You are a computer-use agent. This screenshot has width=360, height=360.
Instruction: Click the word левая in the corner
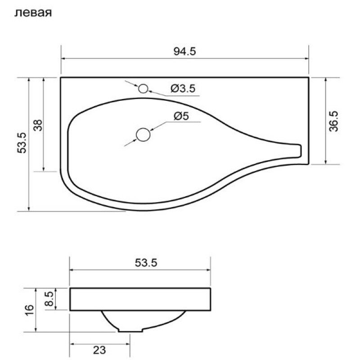click(x=34, y=13)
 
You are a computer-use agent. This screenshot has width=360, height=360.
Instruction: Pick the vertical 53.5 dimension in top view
click(x=22, y=143)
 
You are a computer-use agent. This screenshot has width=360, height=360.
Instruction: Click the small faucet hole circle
click(x=144, y=89)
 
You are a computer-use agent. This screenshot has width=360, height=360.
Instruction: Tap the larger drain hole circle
click(x=143, y=135)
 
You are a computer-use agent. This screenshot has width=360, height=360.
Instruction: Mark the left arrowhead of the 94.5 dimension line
click(x=63, y=58)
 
